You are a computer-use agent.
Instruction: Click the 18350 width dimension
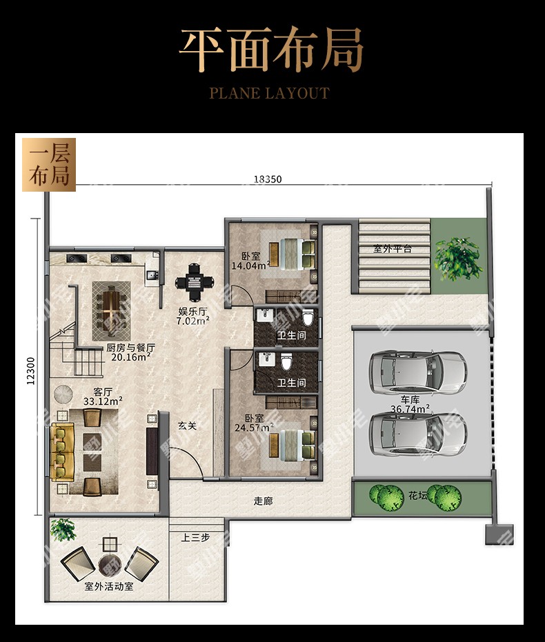tap(268, 179)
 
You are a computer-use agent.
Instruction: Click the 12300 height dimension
tap(31, 371)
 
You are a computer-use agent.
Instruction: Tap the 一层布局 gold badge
tap(49, 165)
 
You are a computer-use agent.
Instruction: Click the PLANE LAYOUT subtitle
tap(270, 93)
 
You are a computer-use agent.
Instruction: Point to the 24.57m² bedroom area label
tap(254, 428)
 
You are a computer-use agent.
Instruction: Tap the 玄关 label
tap(188, 426)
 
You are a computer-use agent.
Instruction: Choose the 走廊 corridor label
tap(264, 501)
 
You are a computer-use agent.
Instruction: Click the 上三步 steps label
tap(195, 537)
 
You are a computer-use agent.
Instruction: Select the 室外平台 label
tap(393, 248)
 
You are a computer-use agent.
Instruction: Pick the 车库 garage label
tap(410, 399)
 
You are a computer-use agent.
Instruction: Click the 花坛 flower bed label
tap(417, 496)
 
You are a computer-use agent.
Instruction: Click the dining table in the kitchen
tap(111, 311)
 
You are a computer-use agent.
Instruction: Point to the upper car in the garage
tap(417, 372)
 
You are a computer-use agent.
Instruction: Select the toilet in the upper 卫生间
tap(308, 318)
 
